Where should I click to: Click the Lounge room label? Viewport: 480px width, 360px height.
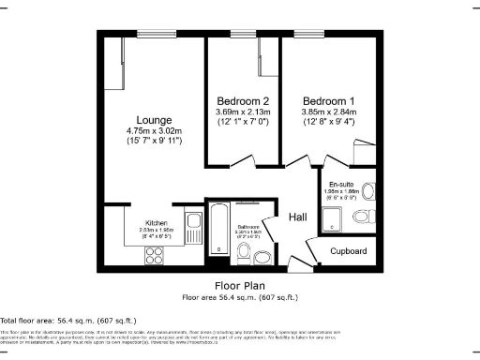[154, 119]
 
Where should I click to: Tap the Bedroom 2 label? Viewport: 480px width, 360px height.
[244, 100]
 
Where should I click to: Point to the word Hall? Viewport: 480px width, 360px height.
[298, 217]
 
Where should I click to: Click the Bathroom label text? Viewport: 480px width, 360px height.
[248, 228]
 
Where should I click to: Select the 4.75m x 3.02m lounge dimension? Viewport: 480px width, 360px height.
[154, 130]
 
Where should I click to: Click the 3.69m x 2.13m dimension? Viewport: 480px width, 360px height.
[244, 112]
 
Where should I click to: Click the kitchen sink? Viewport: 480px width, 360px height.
[193, 224]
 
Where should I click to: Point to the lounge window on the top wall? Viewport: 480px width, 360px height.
[153, 35]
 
